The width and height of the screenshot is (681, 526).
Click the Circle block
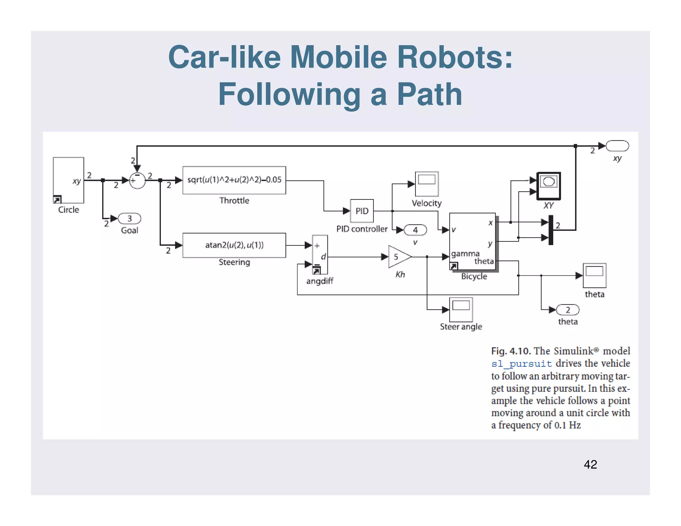click(x=68, y=180)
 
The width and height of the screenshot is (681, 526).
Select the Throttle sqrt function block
click(x=234, y=180)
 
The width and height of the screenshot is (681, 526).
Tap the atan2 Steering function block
click(x=234, y=245)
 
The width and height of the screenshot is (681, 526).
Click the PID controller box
click(x=362, y=211)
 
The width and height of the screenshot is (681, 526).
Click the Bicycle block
click(x=472, y=242)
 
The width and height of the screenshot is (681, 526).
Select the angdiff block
click(x=320, y=255)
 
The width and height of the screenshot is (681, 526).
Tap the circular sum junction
click(x=137, y=181)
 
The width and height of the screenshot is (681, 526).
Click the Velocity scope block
click(x=427, y=184)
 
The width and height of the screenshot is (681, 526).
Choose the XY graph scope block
click(x=549, y=186)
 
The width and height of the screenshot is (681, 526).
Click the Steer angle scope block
click(x=461, y=309)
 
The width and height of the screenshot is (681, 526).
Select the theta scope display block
click(x=594, y=275)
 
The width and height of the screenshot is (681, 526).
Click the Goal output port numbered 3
click(x=130, y=218)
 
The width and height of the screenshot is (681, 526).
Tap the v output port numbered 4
click(x=415, y=230)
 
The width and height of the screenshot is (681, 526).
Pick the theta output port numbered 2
click(x=568, y=310)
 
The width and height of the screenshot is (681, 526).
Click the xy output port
click(x=617, y=146)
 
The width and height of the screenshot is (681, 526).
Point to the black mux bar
click(x=551, y=230)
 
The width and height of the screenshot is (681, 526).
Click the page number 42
click(x=590, y=464)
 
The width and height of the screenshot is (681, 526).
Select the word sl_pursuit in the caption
click(x=521, y=363)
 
